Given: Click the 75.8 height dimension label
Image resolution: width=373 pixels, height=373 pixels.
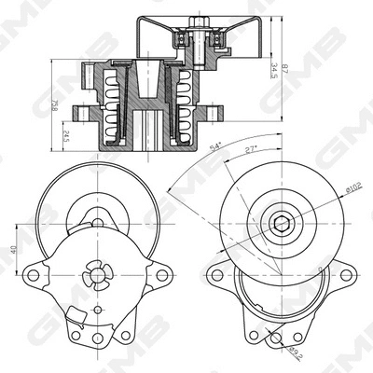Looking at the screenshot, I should click(x=55, y=108).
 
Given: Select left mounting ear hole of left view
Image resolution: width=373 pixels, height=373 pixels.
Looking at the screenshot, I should click(x=34, y=275).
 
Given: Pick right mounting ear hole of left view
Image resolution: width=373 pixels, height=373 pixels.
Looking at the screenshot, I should click(x=161, y=275).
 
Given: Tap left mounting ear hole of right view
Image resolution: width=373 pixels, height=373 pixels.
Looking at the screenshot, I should click(x=216, y=275).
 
